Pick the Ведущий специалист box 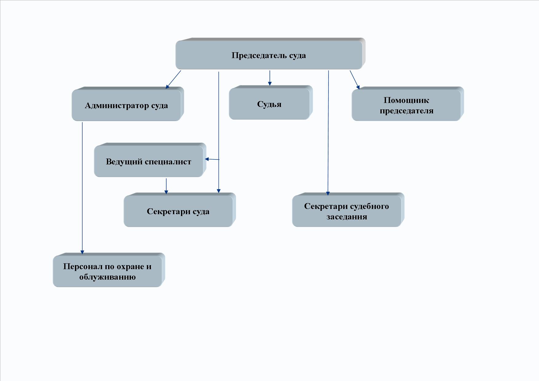[x=150, y=160]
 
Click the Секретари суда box [x=180, y=210]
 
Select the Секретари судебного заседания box [x=348, y=210]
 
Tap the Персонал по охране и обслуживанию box [x=109, y=270]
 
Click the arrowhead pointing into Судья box [x=270, y=83]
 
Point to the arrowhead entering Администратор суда [x=167, y=86]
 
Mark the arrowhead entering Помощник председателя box [x=358, y=87]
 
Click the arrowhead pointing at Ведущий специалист [x=207, y=159]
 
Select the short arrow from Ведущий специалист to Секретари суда [x=166, y=186]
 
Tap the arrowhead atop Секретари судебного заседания [x=328, y=193]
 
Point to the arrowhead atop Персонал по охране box [x=82, y=252]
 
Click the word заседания [x=347, y=217]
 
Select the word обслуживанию [x=107, y=277]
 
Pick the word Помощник [x=406, y=100]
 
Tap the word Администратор [x=117, y=106]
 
